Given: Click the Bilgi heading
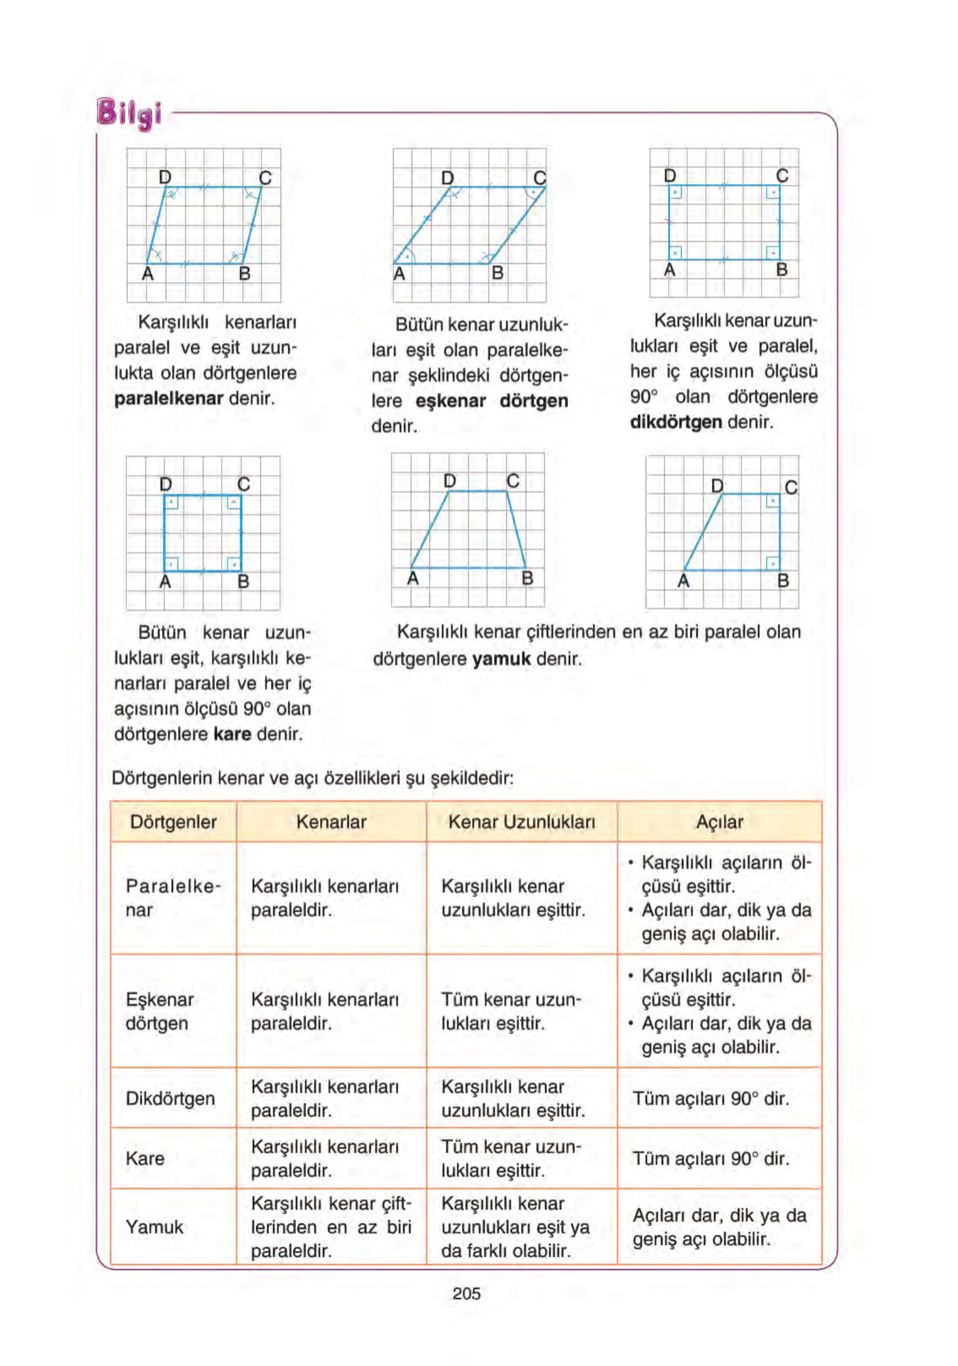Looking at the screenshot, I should [x=129, y=113].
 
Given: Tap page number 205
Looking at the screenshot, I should [x=466, y=1293].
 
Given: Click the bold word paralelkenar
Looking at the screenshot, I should [x=168, y=398].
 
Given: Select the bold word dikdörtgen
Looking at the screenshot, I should [x=675, y=423].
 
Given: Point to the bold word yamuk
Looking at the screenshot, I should [x=501, y=659].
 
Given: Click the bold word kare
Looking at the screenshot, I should [x=232, y=734].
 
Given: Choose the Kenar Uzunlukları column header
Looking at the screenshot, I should [x=521, y=822].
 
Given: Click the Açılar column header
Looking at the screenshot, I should [x=719, y=822].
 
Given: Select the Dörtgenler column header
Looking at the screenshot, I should [x=173, y=822].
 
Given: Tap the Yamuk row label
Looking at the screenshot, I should [x=155, y=1226].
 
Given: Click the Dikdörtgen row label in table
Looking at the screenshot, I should [x=170, y=1098].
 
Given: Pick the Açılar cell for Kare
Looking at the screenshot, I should [x=711, y=1159].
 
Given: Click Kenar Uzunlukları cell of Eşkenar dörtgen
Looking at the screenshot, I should [x=510, y=1011].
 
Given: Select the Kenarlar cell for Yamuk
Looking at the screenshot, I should [x=331, y=1226].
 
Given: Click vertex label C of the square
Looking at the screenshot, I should [x=244, y=484].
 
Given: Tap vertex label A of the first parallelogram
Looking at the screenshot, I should [x=148, y=274].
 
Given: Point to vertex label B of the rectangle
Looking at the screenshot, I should [x=781, y=269].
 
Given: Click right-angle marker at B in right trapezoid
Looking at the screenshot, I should [x=772, y=562].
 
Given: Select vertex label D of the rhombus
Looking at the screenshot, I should [x=447, y=178].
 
